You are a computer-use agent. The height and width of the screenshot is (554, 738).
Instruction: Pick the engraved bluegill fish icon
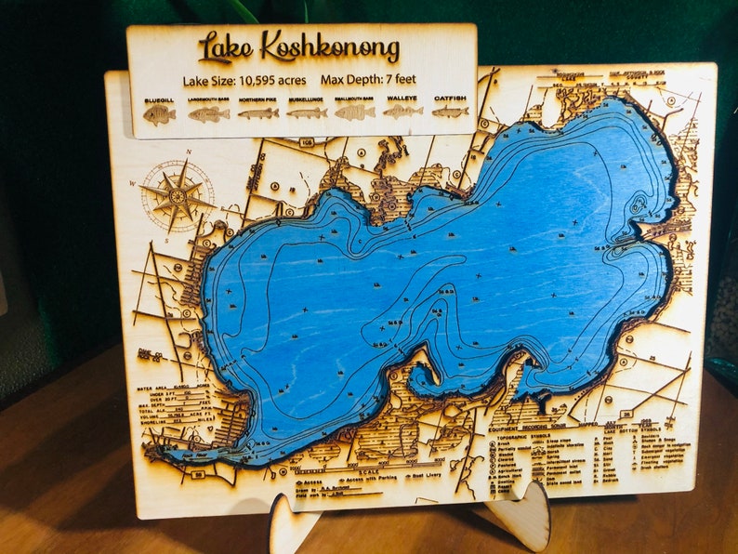[x=159, y=114]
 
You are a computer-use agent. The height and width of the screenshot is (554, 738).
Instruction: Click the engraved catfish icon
[x=450, y=112]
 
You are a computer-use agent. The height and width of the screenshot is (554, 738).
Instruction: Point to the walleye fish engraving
[x=402, y=112]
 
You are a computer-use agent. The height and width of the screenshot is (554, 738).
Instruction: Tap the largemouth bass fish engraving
[x=208, y=114]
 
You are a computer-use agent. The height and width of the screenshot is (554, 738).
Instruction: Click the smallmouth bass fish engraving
[x=354, y=112]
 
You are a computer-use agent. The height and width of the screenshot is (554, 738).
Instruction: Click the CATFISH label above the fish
[x=450, y=98]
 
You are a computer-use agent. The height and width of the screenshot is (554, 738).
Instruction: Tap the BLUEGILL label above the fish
[x=159, y=99]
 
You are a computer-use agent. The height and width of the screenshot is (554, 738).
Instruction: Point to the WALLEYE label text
[x=402, y=98]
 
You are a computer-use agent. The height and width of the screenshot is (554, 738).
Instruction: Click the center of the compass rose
[x=176, y=195]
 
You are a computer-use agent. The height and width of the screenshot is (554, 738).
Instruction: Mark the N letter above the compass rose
[x=188, y=152]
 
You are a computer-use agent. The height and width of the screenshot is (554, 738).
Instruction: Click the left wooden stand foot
[x=295, y=527]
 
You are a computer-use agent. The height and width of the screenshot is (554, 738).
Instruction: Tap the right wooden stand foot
[x=520, y=516]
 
